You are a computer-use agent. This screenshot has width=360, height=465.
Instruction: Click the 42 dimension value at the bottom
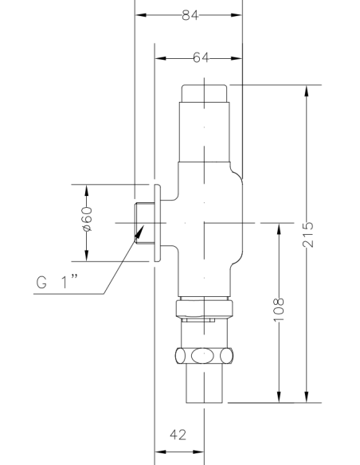(x=180, y=435)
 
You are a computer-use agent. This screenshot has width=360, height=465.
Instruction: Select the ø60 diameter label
(x=88, y=222)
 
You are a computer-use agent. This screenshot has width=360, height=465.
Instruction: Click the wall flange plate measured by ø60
(x=158, y=223)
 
